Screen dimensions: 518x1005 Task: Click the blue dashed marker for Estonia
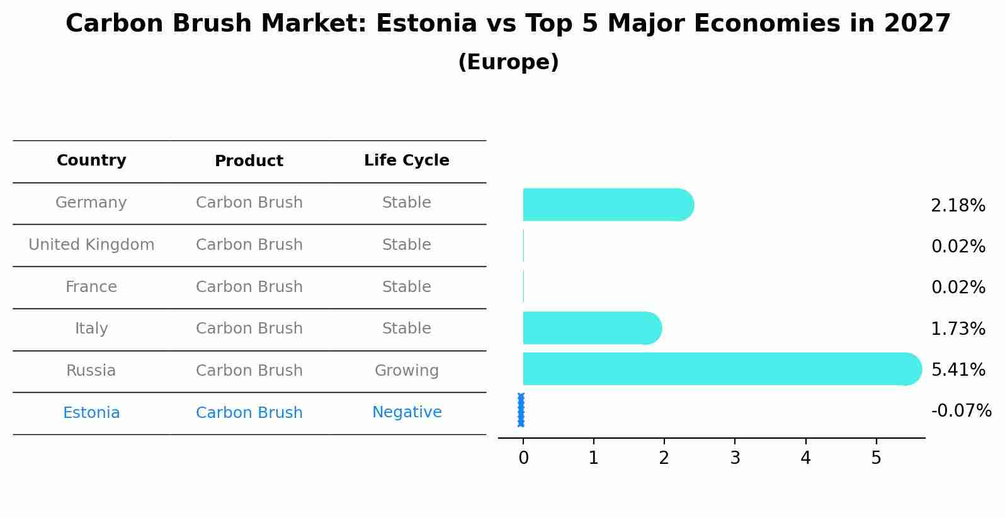(521, 410)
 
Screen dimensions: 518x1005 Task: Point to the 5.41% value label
(958, 369)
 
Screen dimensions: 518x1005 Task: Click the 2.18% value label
(958, 206)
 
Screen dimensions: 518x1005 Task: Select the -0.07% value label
(961, 411)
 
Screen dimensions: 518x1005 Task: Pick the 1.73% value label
(958, 329)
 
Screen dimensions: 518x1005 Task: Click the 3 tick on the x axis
(735, 458)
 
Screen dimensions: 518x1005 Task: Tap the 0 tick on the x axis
(523, 458)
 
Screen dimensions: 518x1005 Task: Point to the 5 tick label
(876, 458)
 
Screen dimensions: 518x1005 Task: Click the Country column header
(91, 160)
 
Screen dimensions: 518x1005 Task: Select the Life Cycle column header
(407, 160)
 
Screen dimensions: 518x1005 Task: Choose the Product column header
(249, 161)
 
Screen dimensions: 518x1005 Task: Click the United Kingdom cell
(91, 245)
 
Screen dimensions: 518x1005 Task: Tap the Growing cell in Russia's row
(407, 371)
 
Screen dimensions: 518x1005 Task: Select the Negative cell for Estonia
(407, 412)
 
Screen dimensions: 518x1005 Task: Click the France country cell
(91, 287)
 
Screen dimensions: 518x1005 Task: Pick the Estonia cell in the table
(91, 413)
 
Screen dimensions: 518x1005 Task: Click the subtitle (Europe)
(508, 62)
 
